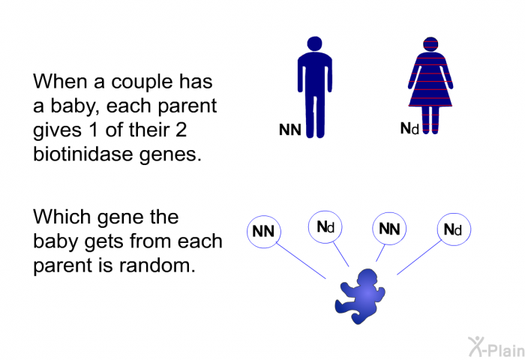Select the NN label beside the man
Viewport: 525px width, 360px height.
(289, 130)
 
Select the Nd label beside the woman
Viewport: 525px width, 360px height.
(409, 129)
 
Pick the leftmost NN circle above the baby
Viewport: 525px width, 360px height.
(263, 231)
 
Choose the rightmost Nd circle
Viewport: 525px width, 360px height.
(453, 230)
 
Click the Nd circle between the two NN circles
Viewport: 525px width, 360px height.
(325, 226)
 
